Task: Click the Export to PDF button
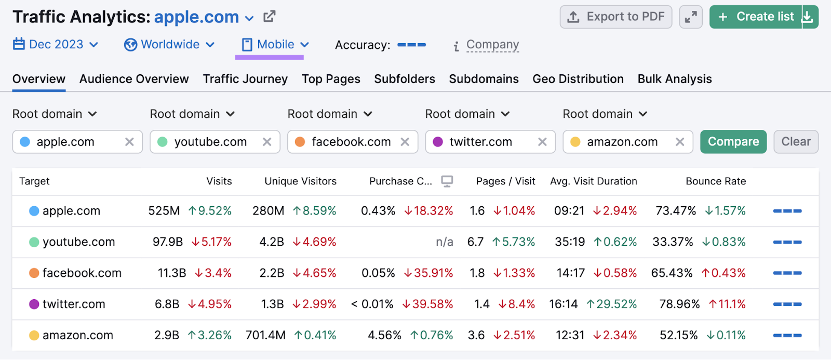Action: tap(615, 17)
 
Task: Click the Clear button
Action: tap(796, 142)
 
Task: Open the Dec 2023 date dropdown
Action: tap(56, 45)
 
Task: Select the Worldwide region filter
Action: tap(169, 45)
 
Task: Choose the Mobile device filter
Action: tap(275, 45)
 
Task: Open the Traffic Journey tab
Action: tap(245, 79)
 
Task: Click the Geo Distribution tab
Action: tap(578, 79)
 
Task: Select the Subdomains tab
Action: tap(484, 79)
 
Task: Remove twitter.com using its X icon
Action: tap(542, 142)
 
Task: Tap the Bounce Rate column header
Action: tap(715, 181)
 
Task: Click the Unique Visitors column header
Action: tap(300, 181)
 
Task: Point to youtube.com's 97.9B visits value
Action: tap(167, 242)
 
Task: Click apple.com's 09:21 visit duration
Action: tap(569, 211)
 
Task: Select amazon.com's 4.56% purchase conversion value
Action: tap(384, 336)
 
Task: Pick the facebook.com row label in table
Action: tap(82, 273)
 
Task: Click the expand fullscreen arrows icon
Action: tap(691, 17)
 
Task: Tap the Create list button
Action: tap(756, 17)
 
